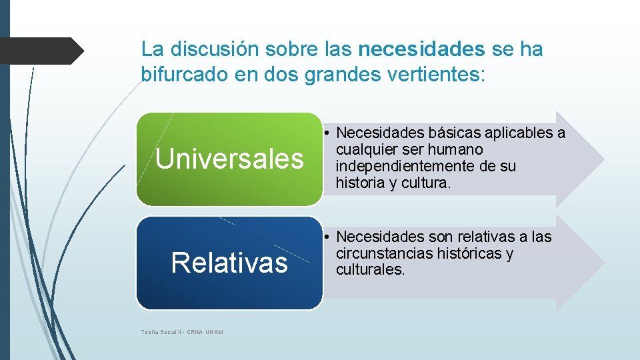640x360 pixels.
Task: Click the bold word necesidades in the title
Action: [421, 49]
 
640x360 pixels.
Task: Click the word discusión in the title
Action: [213, 49]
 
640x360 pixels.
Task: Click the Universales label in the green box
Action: [229, 159]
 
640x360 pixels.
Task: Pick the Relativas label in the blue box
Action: [229, 263]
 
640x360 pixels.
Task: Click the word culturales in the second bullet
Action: [370, 270]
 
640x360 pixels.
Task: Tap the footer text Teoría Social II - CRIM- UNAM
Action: [182, 332]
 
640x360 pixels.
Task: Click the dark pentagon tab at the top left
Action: [40, 50]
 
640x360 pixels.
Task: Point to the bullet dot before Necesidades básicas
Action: [329, 133]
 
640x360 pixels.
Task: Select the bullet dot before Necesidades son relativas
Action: [329, 237]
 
